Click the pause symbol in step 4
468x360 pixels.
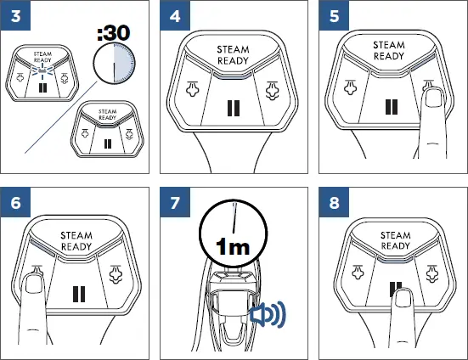(x=234, y=110)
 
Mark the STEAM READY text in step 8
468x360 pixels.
(x=395, y=240)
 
